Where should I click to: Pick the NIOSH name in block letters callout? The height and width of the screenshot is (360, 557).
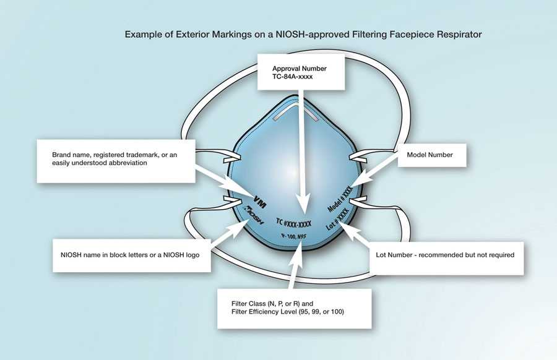[132, 254]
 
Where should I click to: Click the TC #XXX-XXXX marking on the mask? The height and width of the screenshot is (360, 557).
[293, 221]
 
